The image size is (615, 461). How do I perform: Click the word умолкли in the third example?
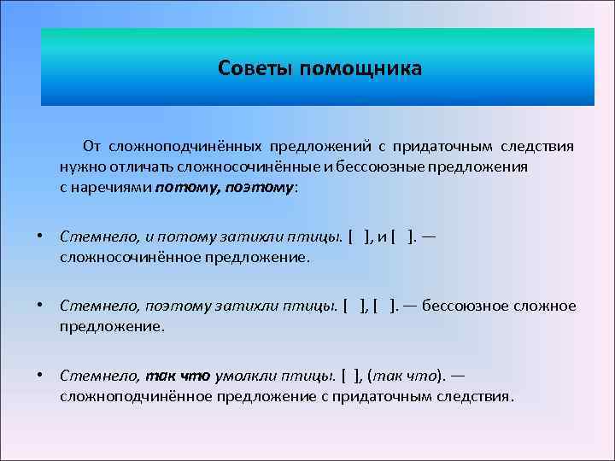click(240, 376)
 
